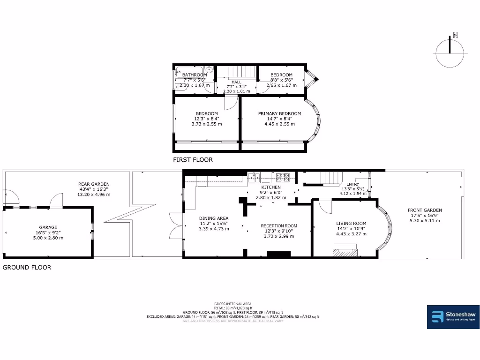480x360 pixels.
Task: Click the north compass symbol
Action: (x=450, y=51)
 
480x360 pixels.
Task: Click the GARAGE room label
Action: (x=48, y=227)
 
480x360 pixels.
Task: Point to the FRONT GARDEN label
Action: (x=425, y=210)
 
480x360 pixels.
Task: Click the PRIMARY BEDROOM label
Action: (x=279, y=113)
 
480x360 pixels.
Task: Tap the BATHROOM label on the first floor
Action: (x=194, y=75)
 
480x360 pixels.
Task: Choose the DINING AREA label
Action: (x=214, y=218)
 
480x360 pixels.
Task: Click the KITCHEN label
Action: (x=271, y=187)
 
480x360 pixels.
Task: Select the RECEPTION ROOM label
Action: (x=279, y=225)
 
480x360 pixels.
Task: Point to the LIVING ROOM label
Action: (x=351, y=224)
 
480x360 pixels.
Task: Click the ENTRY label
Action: (x=352, y=184)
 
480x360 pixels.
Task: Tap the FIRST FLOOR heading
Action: (x=193, y=160)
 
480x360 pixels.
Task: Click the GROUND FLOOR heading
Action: (x=27, y=268)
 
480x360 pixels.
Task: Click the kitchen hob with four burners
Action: (x=283, y=177)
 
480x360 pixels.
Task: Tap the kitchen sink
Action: (x=255, y=177)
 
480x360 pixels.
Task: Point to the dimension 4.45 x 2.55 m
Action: (x=279, y=124)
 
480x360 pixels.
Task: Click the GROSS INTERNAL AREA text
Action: (x=233, y=304)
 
